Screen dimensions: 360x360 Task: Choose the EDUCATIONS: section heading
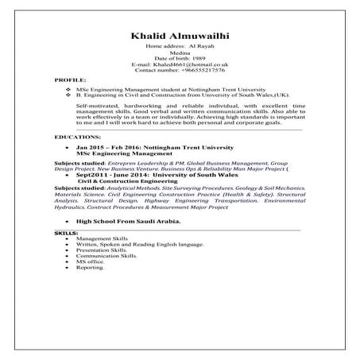point(77,137)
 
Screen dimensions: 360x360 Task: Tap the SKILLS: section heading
point(66,232)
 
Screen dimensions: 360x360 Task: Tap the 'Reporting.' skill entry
point(91,268)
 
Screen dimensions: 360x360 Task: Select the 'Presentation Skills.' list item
point(101,250)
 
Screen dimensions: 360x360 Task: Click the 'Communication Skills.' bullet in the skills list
point(104,256)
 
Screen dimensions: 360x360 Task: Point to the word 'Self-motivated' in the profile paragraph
point(95,105)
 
